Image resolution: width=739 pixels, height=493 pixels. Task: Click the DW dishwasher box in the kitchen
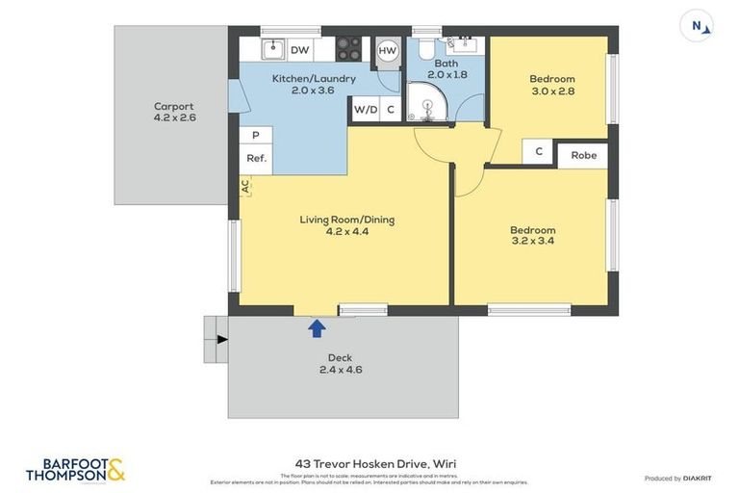[299, 50]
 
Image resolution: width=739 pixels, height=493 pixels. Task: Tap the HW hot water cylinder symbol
[388, 50]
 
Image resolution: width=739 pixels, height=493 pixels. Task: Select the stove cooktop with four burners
[348, 49]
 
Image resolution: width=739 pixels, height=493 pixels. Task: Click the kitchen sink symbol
[272, 49]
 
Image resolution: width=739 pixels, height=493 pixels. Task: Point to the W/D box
[366, 110]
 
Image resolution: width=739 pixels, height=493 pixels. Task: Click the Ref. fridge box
[256, 159]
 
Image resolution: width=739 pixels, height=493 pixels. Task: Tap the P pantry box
[255, 137]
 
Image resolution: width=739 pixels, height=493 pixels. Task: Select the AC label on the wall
[245, 186]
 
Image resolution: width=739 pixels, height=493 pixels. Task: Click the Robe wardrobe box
[583, 155]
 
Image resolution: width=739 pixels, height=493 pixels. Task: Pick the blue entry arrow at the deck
[316, 328]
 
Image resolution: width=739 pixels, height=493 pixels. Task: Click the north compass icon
[697, 26]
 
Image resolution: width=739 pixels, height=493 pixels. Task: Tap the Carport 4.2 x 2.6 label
[174, 112]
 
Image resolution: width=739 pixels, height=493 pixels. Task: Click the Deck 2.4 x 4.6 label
[341, 363]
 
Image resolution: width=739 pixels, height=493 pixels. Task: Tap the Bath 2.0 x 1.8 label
[446, 68]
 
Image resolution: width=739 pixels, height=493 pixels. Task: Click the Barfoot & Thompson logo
[75, 470]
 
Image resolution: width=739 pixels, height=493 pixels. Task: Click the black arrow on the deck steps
[222, 339]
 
